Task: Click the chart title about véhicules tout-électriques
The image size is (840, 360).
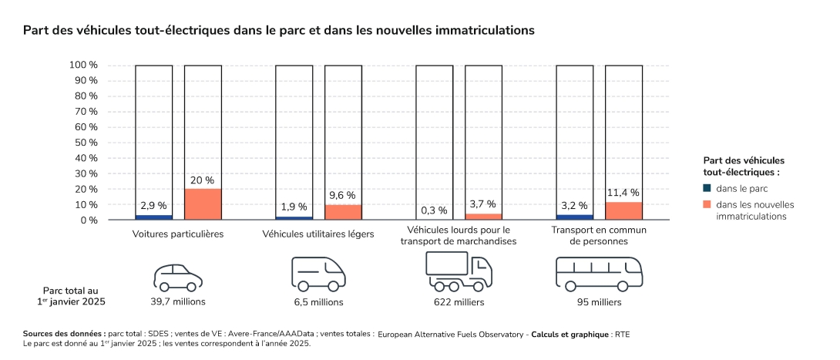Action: pyautogui.click(x=278, y=31)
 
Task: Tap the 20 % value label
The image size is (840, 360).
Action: pyautogui.click(x=202, y=180)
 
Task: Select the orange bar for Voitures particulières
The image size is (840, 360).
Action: pyautogui.click(x=203, y=204)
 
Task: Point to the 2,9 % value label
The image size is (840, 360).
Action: pyautogui.click(x=153, y=206)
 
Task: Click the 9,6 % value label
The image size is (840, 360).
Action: pyautogui.click(x=342, y=196)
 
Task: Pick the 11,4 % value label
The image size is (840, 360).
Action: pyautogui.click(x=623, y=193)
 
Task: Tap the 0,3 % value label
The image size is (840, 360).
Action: pyautogui.click(x=434, y=210)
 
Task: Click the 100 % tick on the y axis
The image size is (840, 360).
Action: pyautogui.click(x=83, y=65)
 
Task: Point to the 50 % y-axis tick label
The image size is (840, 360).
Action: pyautogui.click(x=86, y=143)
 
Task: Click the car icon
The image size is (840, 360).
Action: pyautogui.click(x=178, y=276)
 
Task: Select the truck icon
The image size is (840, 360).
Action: pyautogui.click(x=459, y=271)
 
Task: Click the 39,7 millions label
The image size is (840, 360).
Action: pyautogui.click(x=178, y=301)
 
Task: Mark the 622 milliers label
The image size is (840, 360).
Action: pyautogui.click(x=459, y=302)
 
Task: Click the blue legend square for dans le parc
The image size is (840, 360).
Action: pyautogui.click(x=707, y=188)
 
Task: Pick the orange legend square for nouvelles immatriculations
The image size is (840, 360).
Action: pyautogui.click(x=707, y=204)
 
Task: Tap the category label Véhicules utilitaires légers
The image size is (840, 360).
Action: pyautogui.click(x=318, y=234)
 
